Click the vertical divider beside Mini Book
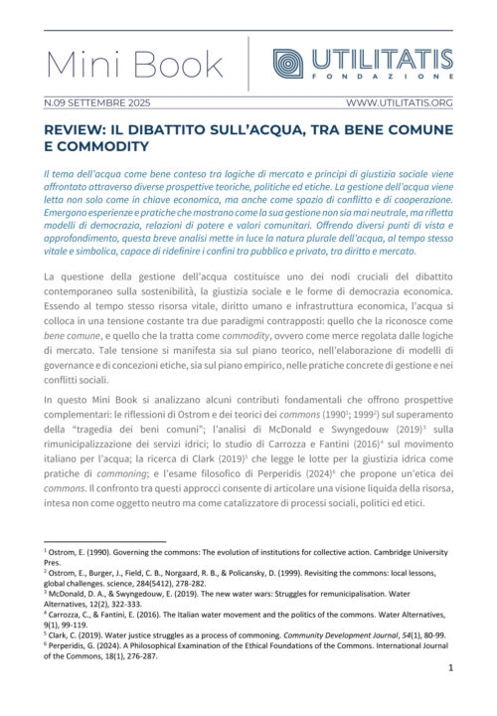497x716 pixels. pos(248,64)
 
